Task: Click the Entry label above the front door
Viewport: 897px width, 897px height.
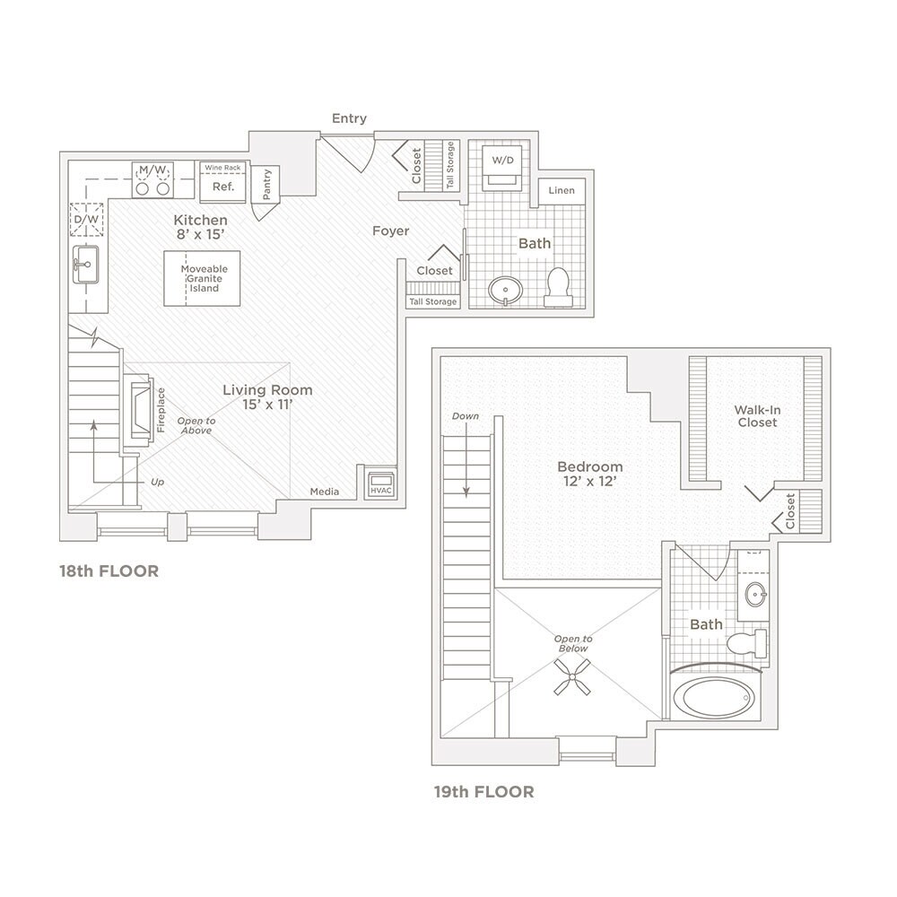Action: [349, 118]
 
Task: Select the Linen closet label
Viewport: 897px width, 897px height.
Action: [562, 191]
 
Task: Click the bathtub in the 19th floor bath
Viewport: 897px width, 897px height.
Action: [714, 697]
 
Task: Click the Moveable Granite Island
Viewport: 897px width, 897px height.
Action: [204, 279]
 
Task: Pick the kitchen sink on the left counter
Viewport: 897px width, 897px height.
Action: [87, 265]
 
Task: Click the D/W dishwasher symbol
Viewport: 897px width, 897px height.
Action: [87, 219]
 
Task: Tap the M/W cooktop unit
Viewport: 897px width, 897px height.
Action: [152, 179]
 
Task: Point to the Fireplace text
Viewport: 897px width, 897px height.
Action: [161, 411]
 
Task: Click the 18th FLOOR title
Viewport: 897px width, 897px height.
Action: [109, 570]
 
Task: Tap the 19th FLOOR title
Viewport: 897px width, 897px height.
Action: [484, 791]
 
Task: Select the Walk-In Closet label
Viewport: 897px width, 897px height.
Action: [756, 415]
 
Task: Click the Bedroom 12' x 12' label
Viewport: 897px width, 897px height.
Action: [589, 474]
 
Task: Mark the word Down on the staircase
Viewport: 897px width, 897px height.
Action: [466, 416]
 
